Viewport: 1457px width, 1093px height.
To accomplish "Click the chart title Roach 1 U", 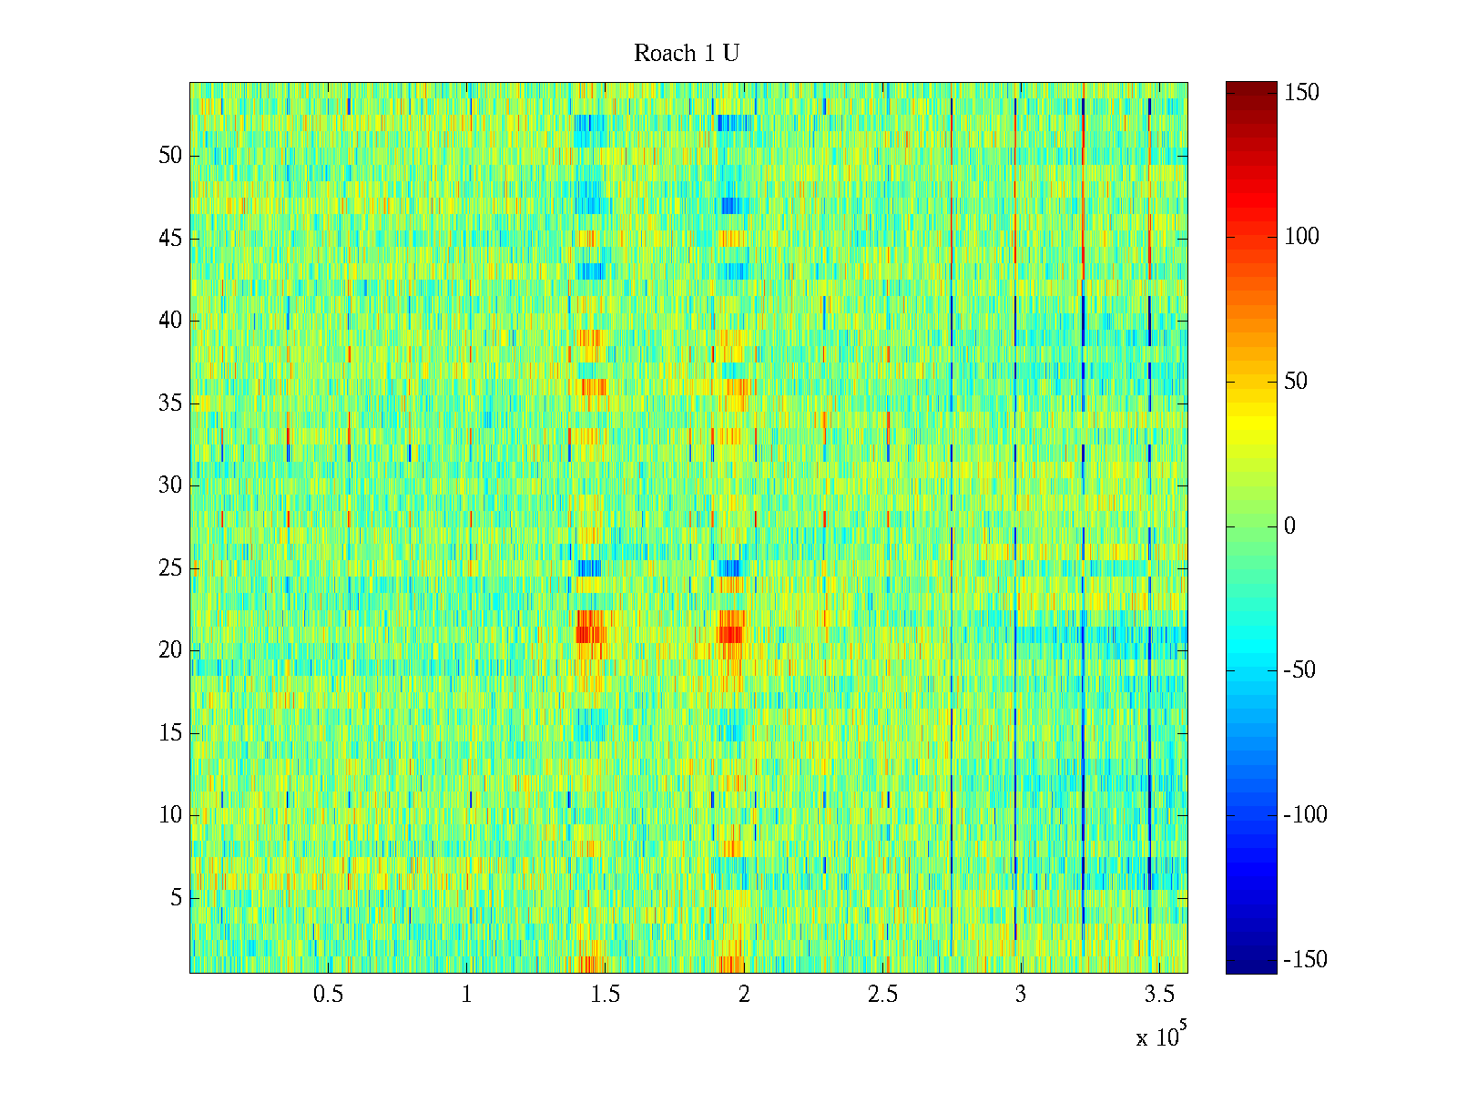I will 687,54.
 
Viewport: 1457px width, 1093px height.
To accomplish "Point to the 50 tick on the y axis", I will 170,156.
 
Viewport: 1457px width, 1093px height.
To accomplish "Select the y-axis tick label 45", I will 170,239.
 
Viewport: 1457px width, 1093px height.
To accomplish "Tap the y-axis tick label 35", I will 170,403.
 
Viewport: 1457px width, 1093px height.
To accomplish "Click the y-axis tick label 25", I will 170,568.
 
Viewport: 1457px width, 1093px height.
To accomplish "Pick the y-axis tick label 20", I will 170,650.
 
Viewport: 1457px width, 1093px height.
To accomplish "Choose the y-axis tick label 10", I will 170,815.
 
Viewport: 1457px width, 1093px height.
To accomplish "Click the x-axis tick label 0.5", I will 328,995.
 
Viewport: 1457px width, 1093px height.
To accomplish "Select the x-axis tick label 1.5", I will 606,995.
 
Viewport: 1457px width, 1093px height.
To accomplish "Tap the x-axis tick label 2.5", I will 882,995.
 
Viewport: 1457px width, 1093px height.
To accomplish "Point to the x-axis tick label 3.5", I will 1159,995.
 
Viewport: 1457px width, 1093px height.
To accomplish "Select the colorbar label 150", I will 1301,93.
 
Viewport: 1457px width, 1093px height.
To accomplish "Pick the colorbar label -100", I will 1305,815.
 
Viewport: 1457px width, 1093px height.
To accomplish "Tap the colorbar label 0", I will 1289,526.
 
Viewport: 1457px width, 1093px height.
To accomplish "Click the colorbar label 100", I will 1301,237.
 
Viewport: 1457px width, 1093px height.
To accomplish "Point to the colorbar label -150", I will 1305,960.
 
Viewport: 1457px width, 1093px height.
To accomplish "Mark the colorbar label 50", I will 1296,382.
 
